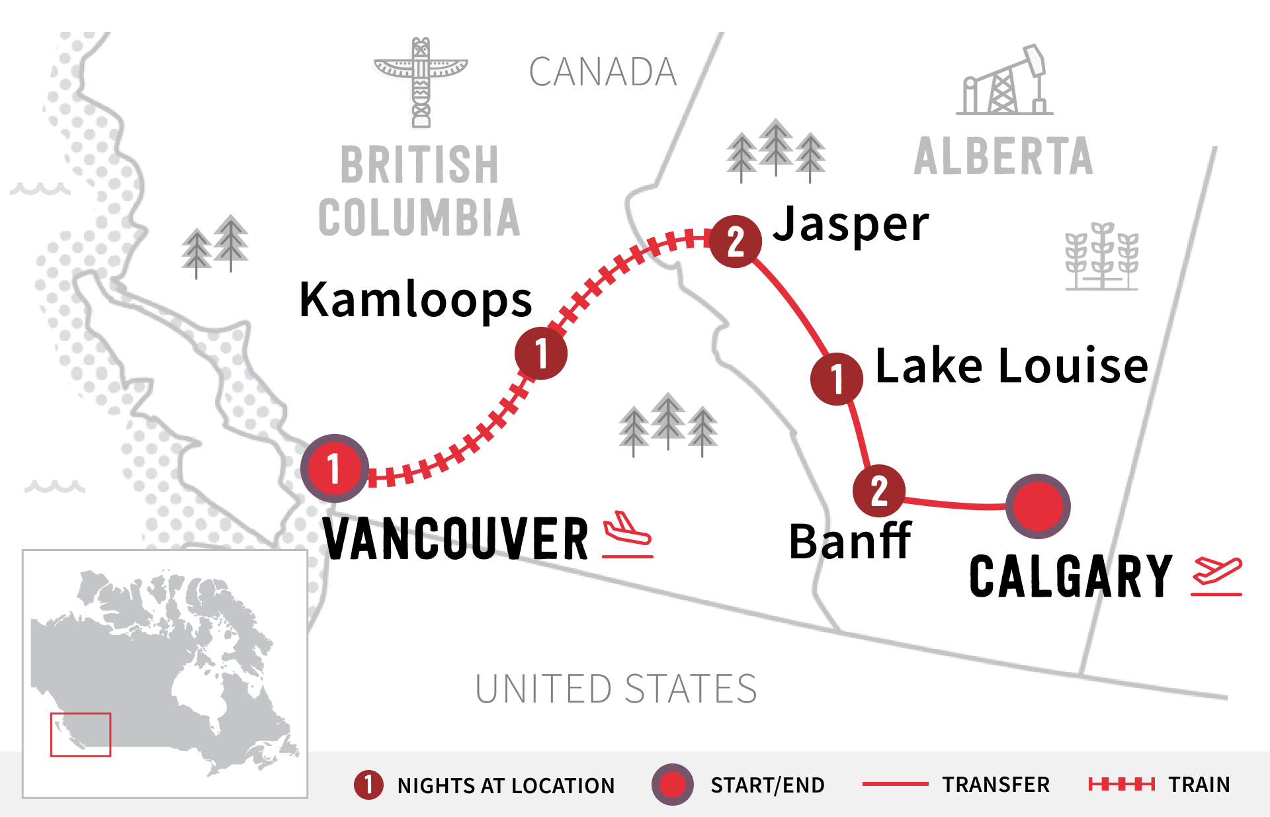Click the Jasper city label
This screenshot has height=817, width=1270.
(851, 225)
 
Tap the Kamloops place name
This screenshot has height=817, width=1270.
(415, 300)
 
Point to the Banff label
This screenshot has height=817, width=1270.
(851, 541)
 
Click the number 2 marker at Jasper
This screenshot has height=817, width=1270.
(735, 241)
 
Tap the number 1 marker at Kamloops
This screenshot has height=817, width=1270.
(540, 353)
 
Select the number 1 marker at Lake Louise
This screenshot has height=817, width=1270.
(836, 378)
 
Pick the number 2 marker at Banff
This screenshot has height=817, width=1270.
(878, 491)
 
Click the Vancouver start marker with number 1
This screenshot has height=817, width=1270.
(334, 468)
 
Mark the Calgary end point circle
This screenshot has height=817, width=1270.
(1037, 506)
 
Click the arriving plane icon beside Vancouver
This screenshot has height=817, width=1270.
(628, 535)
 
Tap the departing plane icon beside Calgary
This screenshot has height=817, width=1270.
(1216, 576)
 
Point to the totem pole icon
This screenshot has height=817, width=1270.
(421, 81)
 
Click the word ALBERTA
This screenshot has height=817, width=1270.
(1003, 157)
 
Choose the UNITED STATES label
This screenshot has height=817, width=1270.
(616, 689)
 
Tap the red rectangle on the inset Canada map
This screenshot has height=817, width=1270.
(81, 734)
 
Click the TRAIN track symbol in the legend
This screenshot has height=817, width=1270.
(1121, 785)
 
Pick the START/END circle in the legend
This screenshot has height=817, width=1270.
(672, 785)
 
